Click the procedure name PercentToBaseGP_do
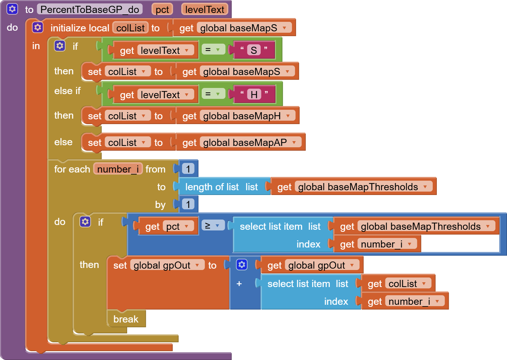90,10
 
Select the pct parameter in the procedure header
162,10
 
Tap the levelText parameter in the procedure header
204,10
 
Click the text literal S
254,50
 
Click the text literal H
254,94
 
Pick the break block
126,319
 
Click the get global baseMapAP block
239,142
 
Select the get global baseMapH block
235,116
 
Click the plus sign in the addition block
239,284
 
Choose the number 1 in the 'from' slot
188,169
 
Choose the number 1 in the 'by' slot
188,204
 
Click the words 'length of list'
212,187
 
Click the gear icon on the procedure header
12,9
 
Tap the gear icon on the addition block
242,265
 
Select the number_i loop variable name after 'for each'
118,169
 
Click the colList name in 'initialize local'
130,28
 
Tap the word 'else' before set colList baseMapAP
63,142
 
